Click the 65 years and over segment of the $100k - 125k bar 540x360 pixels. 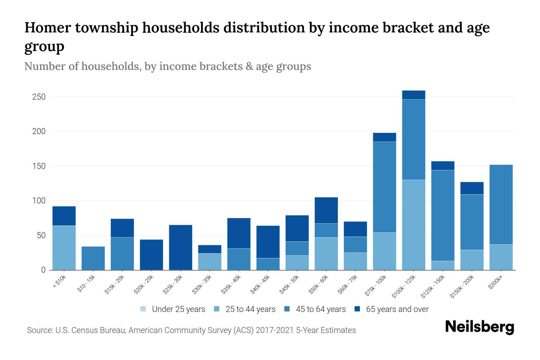pos(414,95)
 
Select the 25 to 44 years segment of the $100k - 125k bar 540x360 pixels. pos(414,225)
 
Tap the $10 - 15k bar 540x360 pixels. pos(93,258)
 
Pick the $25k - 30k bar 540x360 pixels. pos(181,247)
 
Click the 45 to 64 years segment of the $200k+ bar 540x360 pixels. pos(501,204)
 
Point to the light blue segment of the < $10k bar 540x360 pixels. pos(64,247)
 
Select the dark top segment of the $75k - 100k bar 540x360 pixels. pos(384,137)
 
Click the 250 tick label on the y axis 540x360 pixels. pos(39,97)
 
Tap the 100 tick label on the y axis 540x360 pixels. pos(39,201)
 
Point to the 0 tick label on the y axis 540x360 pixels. pos(43,270)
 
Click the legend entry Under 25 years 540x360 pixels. pos(178,309)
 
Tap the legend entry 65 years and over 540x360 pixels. pos(397,309)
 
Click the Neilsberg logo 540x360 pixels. pos(479,327)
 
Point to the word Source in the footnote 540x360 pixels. pos(39,330)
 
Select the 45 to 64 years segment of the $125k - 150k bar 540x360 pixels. pos(442,215)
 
